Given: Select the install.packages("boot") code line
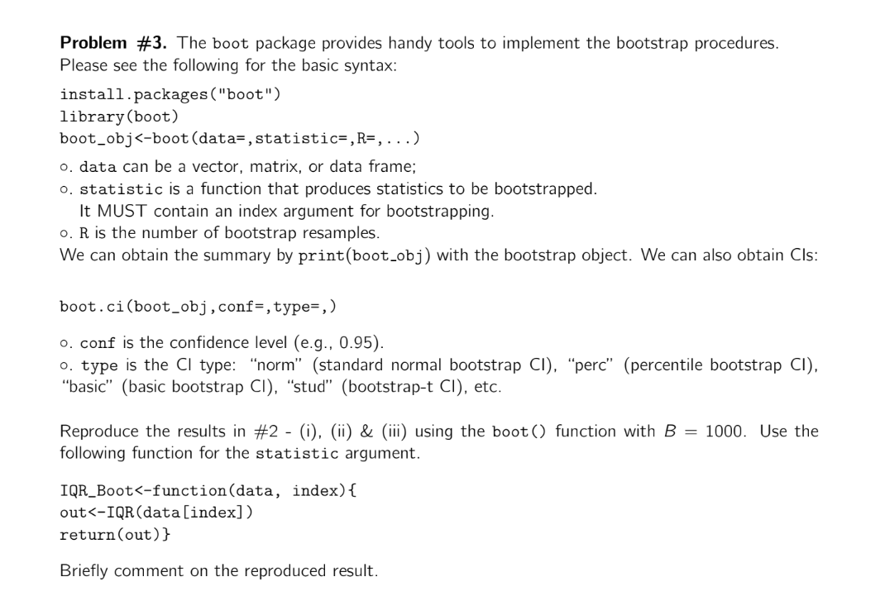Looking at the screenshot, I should pyautogui.click(x=170, y=94).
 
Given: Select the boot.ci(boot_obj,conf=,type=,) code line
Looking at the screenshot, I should pyautogui.click(x=198, y=307).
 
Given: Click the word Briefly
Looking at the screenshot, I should pyautogui.click(x=84, y=570).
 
